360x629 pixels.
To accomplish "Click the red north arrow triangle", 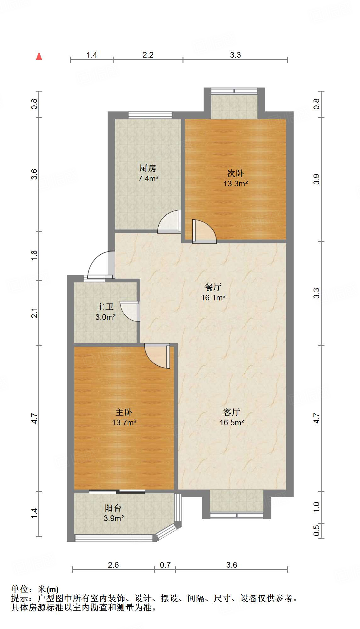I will tap(39, 56).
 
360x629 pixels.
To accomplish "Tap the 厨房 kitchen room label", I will tap(148, 168).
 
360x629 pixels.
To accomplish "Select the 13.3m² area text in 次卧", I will tap(236, 184).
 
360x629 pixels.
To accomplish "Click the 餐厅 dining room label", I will tap(213, 287).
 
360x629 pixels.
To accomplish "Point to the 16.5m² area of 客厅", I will tap(232, 422).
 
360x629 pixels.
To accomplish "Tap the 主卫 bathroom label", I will tap(105, 307).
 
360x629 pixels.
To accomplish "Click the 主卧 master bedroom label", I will tap(124, 412).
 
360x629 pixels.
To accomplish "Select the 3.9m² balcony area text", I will tap(114, 518).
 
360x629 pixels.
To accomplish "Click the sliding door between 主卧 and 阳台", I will tap(117, 491).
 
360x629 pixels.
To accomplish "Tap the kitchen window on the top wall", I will tap(150, 115).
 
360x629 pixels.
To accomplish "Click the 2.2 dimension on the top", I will tap(148, 55).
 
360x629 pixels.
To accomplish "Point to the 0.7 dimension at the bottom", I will tap(165, 565).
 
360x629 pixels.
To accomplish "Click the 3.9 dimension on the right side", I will tap(317, 179).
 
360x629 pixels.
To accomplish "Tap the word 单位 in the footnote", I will tap(20, 589).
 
